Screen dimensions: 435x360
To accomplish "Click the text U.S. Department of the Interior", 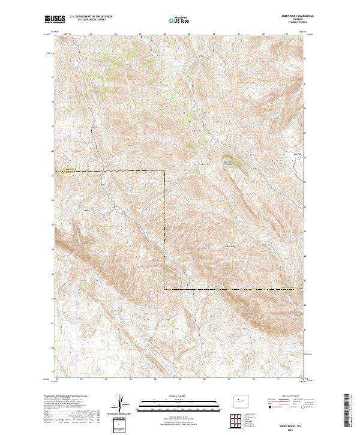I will coord(91,16).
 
